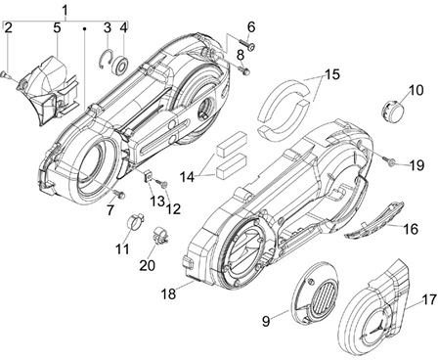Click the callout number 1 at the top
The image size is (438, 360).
pos(66,10)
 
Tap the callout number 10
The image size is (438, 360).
pos(416,90)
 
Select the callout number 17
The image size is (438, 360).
pos(429,299)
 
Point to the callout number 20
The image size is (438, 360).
pos(147,265)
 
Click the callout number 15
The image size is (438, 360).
pos(331,74)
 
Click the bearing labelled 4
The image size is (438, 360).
pos(121,66)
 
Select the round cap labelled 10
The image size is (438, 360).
pos(392,111)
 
